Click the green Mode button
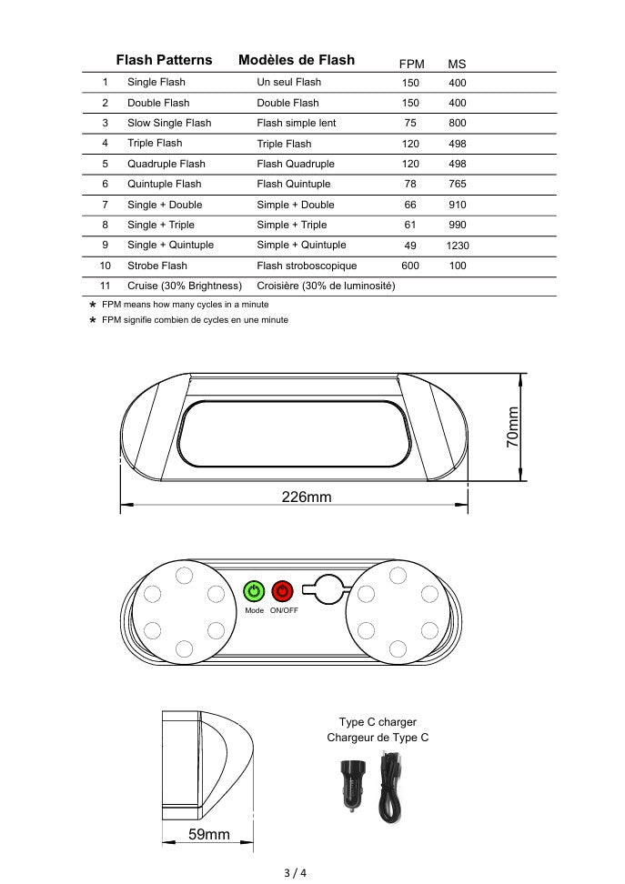[255, 591]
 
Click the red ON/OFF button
[283, 591]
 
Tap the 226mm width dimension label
[306, 497]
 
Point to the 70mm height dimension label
[512, 426]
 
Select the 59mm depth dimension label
[209, 834]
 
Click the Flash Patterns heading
[164, 60]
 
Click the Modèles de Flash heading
[297, 60]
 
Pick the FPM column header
[412, 64]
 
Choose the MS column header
[457, 64]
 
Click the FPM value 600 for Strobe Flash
[410, 266]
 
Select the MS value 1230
[458, 246]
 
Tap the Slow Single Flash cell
[169, 123]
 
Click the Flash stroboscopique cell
[307, 266]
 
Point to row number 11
[106, 286]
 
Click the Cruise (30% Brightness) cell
[185, 286]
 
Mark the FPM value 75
[410, 123]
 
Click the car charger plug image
[350, 784]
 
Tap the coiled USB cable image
[390, 786]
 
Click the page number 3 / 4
[296, 873]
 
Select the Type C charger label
[378, 722]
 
